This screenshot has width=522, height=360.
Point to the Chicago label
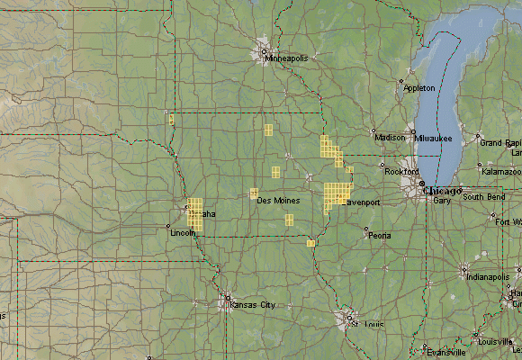coord(441,192)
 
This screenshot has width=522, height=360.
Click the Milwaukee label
coord(434,138)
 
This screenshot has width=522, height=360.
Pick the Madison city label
coord(391,138)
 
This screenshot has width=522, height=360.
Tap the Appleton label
coord(419,88)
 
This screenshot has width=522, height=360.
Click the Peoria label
coord(379,236)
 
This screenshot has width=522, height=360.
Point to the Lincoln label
coord(182,232)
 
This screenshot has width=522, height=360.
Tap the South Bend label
coord(484,197)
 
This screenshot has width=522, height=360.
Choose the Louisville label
coord(496,342)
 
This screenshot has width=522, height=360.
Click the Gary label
coord(441,201)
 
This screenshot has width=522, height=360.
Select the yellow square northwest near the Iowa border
coord(170,118)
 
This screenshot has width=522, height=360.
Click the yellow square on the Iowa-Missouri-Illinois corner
coord(310,243)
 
